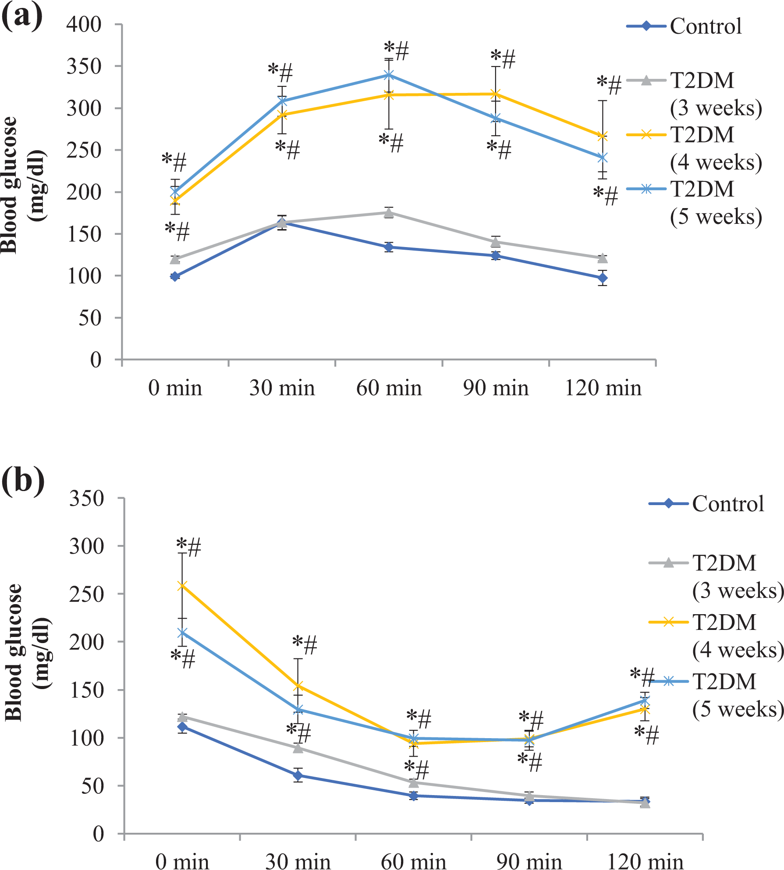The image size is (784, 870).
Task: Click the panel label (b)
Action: click(23, 481)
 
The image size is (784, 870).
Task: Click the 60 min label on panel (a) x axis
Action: click(389, 388)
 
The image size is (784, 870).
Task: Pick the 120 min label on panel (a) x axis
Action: click(603, 388)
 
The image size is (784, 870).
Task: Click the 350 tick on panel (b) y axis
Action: click(86, 498)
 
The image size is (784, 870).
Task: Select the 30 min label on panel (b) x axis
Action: click(298, 861)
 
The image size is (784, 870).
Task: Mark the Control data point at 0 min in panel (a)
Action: click(175, 276)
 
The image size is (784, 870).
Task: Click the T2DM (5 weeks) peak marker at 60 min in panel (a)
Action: click(389, 75)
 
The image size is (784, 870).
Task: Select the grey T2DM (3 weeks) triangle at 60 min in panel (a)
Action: click(389, 213)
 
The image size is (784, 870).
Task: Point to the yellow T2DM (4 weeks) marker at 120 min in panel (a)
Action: click(603, 136)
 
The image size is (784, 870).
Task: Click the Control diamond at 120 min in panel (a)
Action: click(603, 278)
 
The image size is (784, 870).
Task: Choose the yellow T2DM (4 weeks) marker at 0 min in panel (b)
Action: click(182, 586)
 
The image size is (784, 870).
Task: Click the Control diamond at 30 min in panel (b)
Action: click(298, 775)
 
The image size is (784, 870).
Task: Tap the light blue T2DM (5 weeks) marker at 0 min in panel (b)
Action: click(182, 633)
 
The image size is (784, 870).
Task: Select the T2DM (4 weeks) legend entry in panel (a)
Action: click(695, 148)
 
